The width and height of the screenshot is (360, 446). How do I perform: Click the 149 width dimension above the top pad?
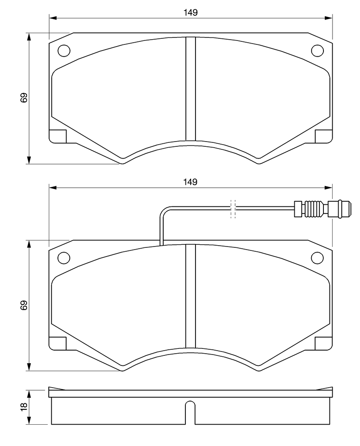(x=191, y=13)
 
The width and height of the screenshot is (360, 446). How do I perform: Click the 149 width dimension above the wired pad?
(x=191, y=182)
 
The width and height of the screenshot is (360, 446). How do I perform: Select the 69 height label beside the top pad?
(x=24, y=98)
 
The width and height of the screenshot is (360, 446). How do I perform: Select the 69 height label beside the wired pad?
(x=24, y=305)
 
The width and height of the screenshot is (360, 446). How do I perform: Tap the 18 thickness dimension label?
(x=24, y=406)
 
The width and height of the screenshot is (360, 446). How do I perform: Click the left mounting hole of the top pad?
(x=64, y=51)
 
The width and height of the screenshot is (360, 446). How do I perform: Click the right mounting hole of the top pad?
(x=317, y=51)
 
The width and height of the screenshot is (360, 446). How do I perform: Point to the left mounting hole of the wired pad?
(x=64, y=258)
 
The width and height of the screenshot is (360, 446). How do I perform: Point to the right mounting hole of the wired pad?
(x=317, y=258)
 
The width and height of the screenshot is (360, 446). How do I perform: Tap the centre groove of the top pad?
(x=191, y=89)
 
